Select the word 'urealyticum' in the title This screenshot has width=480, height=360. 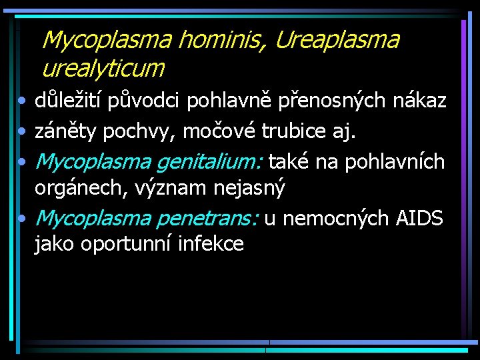[x=103, y=67]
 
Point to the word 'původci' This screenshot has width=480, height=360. [x=148, y=102]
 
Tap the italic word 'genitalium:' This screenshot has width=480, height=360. [x=205, y=163]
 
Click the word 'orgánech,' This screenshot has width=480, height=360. [x=80, y=189]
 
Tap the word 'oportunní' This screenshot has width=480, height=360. [x=127, y=245]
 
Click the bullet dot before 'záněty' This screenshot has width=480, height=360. [x=23, y=132]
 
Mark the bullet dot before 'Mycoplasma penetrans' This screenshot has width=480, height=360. [x=23, y=219]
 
